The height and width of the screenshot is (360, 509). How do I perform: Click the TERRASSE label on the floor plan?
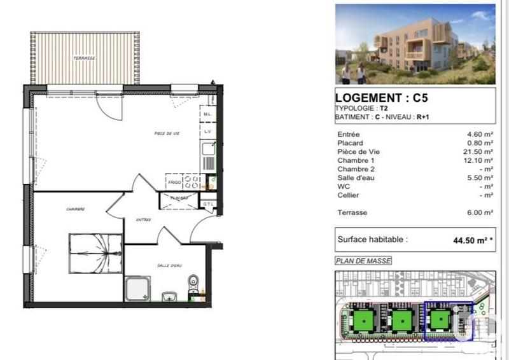coord(84,58)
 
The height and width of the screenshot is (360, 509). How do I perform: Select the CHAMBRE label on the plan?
coord(75,209)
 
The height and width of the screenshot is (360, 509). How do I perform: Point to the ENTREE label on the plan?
coord(143,220)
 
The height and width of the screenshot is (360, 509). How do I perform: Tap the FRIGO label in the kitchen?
coord(174,182)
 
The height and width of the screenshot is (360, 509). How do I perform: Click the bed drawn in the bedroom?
coord(95,253)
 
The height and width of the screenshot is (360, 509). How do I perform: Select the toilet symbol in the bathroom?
coord(193,283)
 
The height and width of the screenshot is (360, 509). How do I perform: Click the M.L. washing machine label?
coord(207,114)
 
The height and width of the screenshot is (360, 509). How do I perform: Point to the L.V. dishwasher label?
coord(207,132)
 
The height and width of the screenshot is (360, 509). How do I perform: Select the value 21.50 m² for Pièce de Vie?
coord(480,151)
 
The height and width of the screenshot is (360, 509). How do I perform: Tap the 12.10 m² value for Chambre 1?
coord(480,160)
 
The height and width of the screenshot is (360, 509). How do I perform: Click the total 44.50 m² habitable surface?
coord(470,240)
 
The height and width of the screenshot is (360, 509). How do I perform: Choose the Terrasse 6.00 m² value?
coord(480,212)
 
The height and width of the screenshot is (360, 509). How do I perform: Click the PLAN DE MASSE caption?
coord(363,261)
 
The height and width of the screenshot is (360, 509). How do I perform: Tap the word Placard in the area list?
coord(351,143)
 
